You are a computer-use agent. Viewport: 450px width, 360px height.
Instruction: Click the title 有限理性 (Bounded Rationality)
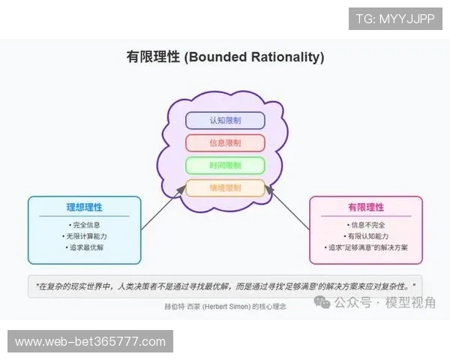click(225, 57)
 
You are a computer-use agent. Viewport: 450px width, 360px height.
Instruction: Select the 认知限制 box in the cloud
click(225, 120)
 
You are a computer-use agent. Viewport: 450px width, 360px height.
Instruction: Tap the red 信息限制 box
click(225, 142)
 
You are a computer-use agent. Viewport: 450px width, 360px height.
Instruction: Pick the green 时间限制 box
click(225, 166)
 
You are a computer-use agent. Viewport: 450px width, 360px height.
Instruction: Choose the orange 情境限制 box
click(225, 188)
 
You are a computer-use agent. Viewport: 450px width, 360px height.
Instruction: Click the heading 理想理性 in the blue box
click(84, 208)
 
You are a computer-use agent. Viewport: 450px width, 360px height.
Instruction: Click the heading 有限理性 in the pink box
click(366, 208)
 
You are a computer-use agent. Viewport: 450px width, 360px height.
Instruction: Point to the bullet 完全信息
click(84, 224)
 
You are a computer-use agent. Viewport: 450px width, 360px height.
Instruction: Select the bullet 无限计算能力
click(84, 236)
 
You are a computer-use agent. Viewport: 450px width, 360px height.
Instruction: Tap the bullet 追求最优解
click(84, 247)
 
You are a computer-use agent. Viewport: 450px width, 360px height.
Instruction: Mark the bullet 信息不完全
click(366, 224)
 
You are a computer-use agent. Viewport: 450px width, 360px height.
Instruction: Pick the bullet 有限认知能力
click(366, 236)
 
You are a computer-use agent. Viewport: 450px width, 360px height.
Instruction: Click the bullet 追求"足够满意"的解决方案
click(366, 247)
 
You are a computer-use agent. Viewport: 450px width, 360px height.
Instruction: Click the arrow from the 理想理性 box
click(161, 211)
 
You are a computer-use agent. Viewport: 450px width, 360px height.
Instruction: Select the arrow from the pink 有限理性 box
click(289, 209)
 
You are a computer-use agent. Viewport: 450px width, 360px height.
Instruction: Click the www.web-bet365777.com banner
click(90, 342)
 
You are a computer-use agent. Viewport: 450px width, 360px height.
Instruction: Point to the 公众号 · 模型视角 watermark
click(375, 302)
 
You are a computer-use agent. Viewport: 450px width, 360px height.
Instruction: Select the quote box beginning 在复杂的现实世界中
click(225, 286)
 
